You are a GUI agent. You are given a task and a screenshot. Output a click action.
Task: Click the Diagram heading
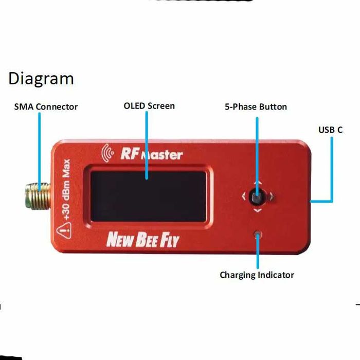tap(41, 79)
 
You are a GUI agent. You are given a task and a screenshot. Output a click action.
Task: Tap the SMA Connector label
tap(46, 107)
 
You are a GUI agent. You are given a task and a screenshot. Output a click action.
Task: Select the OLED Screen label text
tap(149, 106)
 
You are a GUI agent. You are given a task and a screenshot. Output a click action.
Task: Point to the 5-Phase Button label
tap(256, 107)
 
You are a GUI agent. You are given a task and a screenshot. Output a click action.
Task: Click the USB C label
tap(330, 130)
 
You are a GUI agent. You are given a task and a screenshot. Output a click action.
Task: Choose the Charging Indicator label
tap(257, 275)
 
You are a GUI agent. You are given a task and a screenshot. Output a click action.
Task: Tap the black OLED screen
tap(149, 195)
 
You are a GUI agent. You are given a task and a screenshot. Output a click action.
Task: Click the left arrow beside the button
tap(244, 196)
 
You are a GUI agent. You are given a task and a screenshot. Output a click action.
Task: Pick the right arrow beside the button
tap(271, 196)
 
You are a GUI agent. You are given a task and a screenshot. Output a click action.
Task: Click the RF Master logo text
tap(151, 153)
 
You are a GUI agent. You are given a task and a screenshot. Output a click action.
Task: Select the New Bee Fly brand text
tap(142, 240)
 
